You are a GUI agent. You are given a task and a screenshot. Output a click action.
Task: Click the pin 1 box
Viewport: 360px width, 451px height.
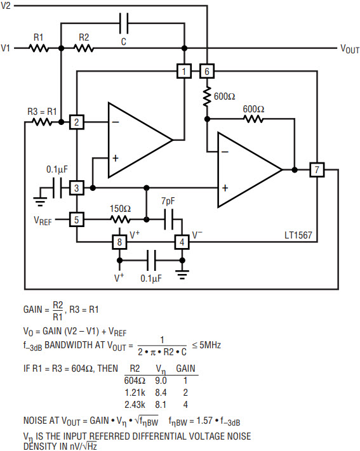pyautogui.click(x=184, y=71)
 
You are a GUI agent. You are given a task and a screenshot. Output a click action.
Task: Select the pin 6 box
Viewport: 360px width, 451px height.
pyautogui.click(x=207, y=71)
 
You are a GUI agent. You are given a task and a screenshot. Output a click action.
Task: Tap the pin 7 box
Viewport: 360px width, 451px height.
pyautogui.click(x=317, y=170)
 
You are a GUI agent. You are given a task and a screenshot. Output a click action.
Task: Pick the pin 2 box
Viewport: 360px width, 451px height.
pyautogui.click(x=77, y=122)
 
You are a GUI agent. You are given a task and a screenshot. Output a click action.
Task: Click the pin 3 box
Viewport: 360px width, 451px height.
pyautogui.click(x=77, y=188)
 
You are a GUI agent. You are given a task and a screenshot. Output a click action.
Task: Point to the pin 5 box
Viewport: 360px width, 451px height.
pyautogui.click(x=77, y=219)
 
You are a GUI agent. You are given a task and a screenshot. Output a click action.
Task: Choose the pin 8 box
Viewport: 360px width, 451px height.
pyautogui.click(x=119, y=242)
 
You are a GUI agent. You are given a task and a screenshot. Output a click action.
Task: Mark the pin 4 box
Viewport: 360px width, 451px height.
pyautogui.click(x=182, y=242)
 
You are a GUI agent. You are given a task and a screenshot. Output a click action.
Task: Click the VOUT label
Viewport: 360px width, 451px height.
pyautogui.click(x=350, y=49)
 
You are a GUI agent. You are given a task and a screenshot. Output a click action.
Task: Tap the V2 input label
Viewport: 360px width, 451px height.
pyautogui.click(x=6, y=6)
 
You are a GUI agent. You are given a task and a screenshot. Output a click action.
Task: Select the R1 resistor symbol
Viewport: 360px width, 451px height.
pyautogui.click(x=39, y=48)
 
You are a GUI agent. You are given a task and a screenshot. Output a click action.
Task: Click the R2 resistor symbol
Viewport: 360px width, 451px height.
pyautogui.click(x=84, y=48)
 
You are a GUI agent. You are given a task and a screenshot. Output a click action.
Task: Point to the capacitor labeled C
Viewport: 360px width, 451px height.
pyautogui.click(x=124, y=23)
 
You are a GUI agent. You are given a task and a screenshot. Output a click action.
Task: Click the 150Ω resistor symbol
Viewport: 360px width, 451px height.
pyautogui.click(x=121, y=219)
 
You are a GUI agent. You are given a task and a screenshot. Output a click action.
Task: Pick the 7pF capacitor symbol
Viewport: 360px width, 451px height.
pyautogui.click(x=168, y=219)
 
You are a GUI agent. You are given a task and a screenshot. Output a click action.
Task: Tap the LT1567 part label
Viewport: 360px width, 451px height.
pyautogui.click(x=298, y=235)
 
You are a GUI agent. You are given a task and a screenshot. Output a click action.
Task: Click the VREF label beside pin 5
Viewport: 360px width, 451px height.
pyautogui.click(x=43, y=221)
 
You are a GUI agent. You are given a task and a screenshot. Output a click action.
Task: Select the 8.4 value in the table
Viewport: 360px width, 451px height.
pyautogui.click(x=161, y=393)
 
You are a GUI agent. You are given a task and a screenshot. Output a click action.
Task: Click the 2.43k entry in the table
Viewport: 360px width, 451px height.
pyautogui.click(x=135, y=405)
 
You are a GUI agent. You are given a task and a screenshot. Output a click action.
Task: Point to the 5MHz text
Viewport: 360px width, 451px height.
pyautogui.click(x=210, y=345)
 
